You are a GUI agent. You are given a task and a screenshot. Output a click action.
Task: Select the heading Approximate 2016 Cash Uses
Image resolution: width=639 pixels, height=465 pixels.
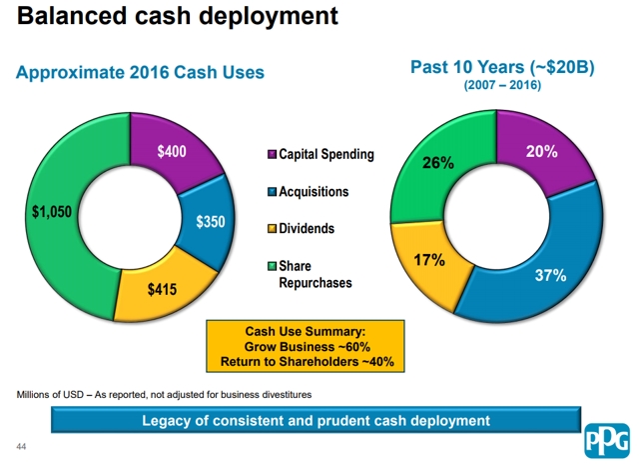139,72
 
